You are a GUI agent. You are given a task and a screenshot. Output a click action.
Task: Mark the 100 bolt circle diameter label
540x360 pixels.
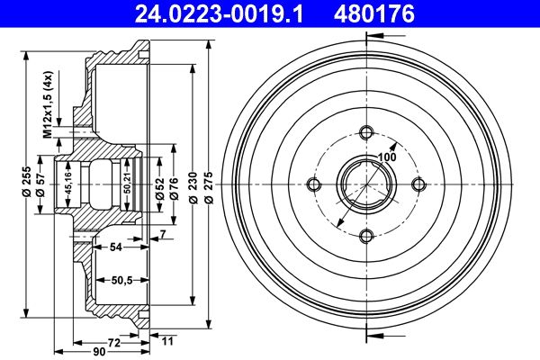point(387,157)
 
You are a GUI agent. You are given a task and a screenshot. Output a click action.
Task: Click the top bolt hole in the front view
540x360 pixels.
point(365,133)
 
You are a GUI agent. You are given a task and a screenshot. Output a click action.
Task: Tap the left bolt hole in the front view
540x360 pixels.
point(314,184)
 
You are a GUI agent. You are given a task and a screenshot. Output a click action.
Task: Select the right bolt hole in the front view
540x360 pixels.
point(418,184)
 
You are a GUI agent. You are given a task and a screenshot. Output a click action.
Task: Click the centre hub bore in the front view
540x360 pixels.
point(365,184)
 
